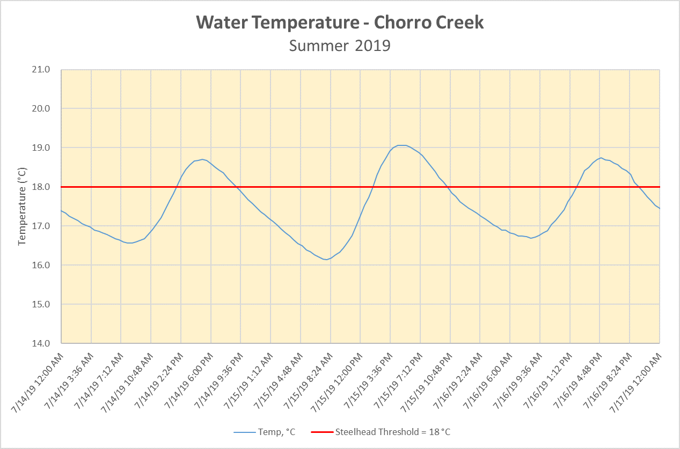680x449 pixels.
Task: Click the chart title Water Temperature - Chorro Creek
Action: (340, 23)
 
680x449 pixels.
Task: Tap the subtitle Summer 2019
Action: (340, 46)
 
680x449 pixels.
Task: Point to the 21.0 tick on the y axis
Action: (41, 70)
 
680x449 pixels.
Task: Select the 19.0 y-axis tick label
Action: (41, 148)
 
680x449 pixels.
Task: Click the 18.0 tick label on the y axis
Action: (41, 187)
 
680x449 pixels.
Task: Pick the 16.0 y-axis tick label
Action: (41, 266)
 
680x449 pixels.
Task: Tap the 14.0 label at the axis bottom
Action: (41, 344)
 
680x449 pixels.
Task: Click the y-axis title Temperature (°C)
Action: (22, 206)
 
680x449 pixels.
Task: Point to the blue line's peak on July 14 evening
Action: (202, 159)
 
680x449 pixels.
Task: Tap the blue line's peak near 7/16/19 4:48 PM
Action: (601, 158)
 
